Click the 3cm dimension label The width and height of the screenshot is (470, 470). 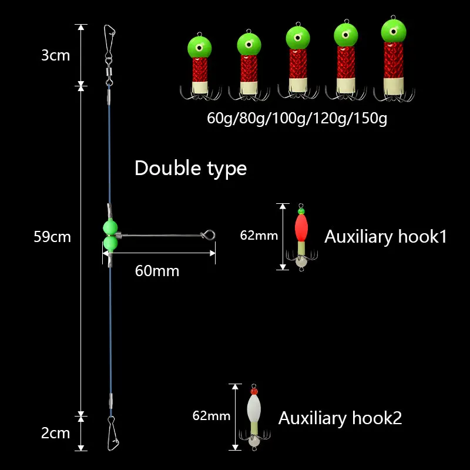(56, 56)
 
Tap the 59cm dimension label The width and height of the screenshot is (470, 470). (52, 237)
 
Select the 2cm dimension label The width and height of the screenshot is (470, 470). (56, 434)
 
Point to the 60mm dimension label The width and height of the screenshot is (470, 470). (157, 271)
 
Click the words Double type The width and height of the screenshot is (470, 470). (190, 169)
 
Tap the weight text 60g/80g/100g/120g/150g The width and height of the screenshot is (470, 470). (297, 119)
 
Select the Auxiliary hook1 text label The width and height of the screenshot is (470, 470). (385, 237)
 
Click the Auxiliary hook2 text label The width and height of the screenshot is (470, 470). (340, 418)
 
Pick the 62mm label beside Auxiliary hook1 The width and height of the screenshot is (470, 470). (258, 236)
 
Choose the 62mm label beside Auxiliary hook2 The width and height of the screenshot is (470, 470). (211, 417)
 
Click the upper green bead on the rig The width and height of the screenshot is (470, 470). (110, 227)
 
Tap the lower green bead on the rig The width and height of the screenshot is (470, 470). (110, 243)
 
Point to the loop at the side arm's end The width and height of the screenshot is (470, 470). (210, 234)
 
